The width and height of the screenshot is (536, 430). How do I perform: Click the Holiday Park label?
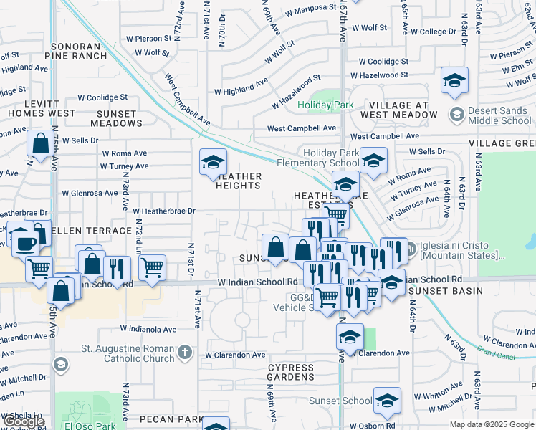325,105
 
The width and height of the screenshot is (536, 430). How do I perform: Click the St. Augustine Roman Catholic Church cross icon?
185,352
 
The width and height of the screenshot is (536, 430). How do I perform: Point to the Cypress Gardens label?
291,373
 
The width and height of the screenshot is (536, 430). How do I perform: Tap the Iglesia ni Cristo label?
462,250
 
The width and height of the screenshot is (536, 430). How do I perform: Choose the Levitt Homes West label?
42,107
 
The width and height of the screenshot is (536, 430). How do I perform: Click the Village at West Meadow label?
394,110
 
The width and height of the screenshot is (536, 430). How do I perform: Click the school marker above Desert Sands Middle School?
454,81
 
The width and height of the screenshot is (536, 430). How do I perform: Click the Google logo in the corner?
24,422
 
